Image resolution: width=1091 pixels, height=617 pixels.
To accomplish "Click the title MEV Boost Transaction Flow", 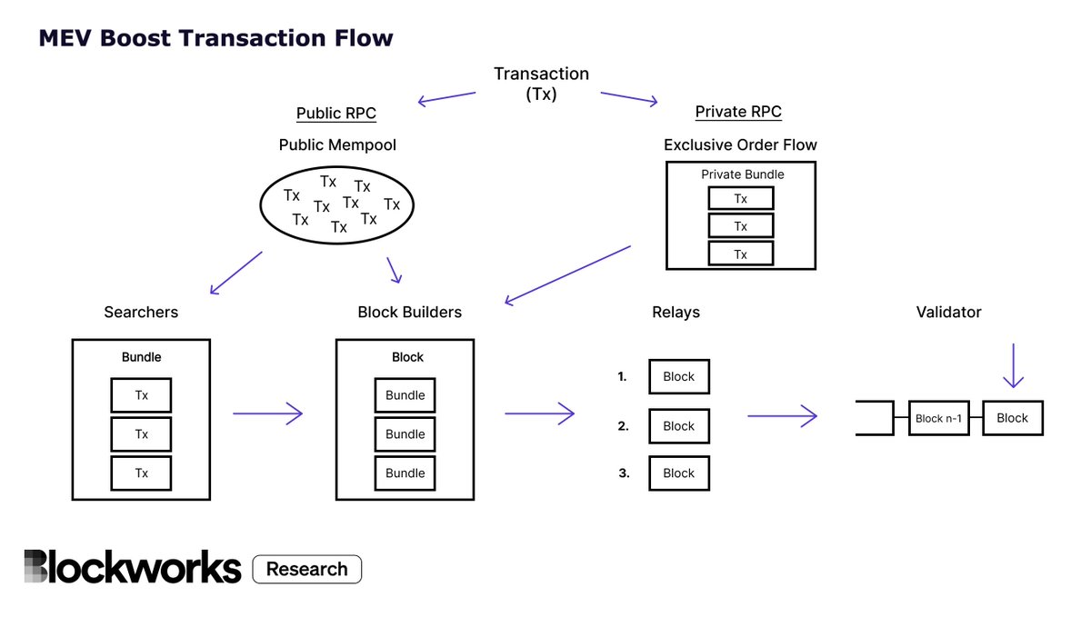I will [x=215, y=38].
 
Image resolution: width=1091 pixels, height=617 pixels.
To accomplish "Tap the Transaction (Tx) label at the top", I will [x=541, y=84].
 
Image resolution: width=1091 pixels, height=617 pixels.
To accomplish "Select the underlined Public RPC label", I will [x=335, y=114].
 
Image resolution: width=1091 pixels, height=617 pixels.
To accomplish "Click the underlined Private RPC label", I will [x=738, y=112].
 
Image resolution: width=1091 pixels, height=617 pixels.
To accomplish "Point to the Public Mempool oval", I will [x=336, y=204].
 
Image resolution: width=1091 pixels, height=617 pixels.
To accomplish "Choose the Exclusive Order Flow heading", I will [x=740, y=144].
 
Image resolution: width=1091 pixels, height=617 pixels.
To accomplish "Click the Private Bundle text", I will [x=742, y=174].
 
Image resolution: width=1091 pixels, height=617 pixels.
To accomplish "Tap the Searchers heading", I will [x=141, y=312].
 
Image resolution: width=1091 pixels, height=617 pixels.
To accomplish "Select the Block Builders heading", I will [x=409, y=312].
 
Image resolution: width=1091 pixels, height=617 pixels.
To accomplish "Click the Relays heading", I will [x=676, y=312].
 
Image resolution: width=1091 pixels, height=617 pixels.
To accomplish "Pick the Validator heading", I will [x=948, y=312].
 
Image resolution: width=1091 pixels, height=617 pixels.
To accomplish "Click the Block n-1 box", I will [x=939, y=418].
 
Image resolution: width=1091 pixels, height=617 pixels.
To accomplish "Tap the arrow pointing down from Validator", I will [x=1012, y=366].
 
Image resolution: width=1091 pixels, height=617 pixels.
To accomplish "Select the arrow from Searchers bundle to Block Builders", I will [x=267, y=414].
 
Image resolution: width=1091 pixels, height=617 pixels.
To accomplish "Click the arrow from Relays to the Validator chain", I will [x=782, y=416].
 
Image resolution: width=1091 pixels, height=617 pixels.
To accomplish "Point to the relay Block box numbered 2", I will [x=678, y=425].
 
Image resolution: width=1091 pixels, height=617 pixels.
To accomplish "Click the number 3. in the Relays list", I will [x=624, y=473].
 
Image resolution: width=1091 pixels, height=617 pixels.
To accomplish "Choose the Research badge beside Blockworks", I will [x=306, y=569].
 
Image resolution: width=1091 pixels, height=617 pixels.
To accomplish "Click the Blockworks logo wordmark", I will [x=133, y=567].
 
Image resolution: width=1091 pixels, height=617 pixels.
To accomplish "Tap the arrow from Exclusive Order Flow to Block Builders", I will [x=567, y=274].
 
